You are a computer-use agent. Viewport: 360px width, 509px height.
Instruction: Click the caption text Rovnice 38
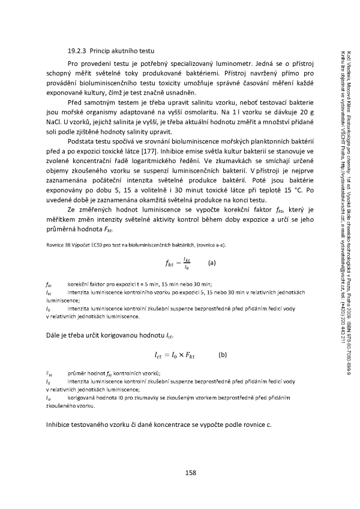56,243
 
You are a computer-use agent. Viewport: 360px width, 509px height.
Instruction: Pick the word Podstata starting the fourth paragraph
84,146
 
